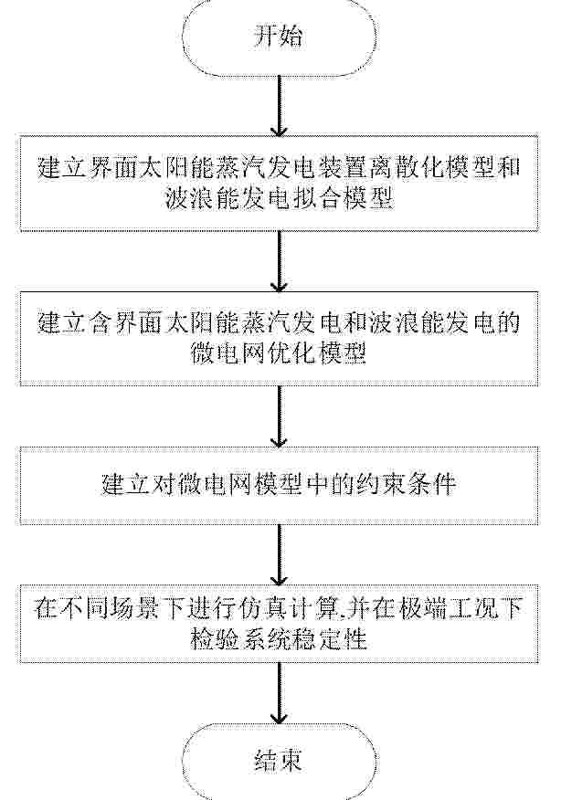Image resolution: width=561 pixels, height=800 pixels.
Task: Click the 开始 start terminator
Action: coord(279,37)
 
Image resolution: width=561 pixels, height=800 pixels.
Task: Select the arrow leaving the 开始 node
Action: coord(279,106)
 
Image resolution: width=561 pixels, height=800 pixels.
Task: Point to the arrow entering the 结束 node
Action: coord(279,692)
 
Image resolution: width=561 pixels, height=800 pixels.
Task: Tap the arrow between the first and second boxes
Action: coord(279,260)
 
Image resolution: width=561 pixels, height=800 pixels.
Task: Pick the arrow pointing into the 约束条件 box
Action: coord(279,416)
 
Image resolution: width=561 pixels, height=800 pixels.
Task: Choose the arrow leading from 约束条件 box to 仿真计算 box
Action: coord(279,554)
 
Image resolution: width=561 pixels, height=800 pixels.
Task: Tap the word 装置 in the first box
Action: coord(342,168)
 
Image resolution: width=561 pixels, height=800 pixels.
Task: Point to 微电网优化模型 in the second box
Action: coord(279,353)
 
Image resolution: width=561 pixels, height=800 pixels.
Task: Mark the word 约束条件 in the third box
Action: coord(406,484)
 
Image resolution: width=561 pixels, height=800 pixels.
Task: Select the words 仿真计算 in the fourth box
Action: coord(291,608)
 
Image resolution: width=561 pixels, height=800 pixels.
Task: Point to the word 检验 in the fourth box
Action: coord(215,638)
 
